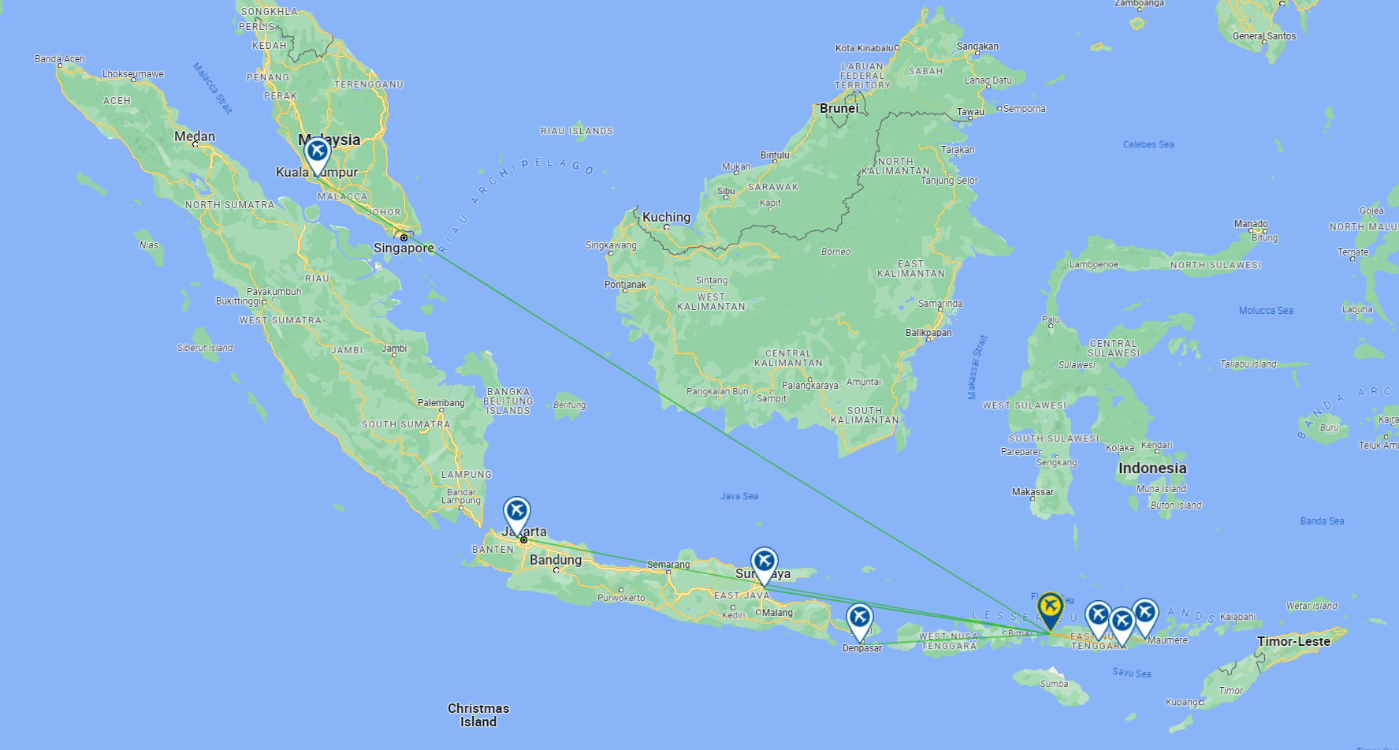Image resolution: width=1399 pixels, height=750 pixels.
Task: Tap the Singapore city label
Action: (404, 248)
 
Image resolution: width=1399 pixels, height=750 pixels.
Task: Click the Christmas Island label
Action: (478, 715)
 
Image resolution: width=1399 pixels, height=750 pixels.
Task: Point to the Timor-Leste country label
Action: (1293, 641)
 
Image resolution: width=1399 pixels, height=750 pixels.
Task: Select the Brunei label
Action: (839, 108)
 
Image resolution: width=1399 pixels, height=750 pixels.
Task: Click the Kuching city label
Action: (666, 217)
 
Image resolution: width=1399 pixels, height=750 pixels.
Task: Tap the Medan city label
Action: (195, 136)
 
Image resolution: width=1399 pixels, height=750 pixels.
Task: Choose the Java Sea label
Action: (739, 496)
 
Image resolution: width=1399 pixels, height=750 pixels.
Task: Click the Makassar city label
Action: (1033, 492)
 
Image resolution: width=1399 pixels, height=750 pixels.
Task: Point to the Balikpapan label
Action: (928, 333)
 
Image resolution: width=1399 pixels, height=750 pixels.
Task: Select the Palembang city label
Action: (441, 403)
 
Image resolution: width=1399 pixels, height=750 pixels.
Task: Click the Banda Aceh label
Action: (60, 59)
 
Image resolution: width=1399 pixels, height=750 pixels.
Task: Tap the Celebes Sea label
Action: (1148, 144)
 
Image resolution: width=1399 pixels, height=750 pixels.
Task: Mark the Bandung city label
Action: (556, 560)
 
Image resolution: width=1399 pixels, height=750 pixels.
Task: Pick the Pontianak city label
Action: (625, 285)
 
